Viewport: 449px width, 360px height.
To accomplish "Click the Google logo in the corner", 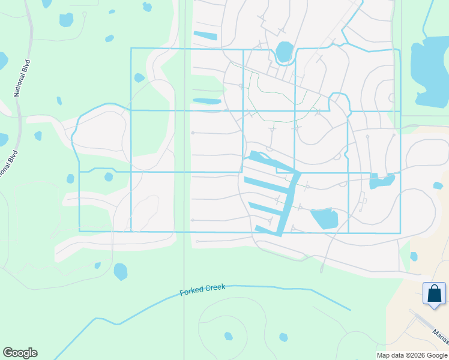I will tap(20, 353).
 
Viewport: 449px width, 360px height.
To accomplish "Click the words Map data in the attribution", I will tap(389, 355).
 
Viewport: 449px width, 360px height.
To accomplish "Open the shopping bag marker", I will tap(434, 295).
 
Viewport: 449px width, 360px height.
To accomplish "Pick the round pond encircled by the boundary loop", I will tap(285, 52).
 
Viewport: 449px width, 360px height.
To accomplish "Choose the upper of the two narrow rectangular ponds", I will tap(205, 35).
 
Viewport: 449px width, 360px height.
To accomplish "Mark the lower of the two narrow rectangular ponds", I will tap(207, 101).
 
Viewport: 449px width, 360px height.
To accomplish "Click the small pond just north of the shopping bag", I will tap(414, 256).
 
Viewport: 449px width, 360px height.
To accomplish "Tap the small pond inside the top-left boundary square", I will tap(139, 77).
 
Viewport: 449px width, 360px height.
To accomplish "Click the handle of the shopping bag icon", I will tap(434, 288).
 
